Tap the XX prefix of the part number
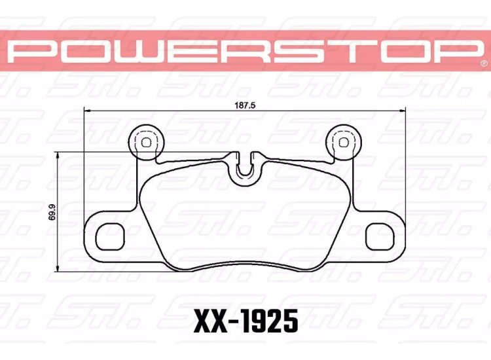click(209, 321)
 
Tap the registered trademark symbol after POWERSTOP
click(483, 64)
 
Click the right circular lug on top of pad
click(342, 140)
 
